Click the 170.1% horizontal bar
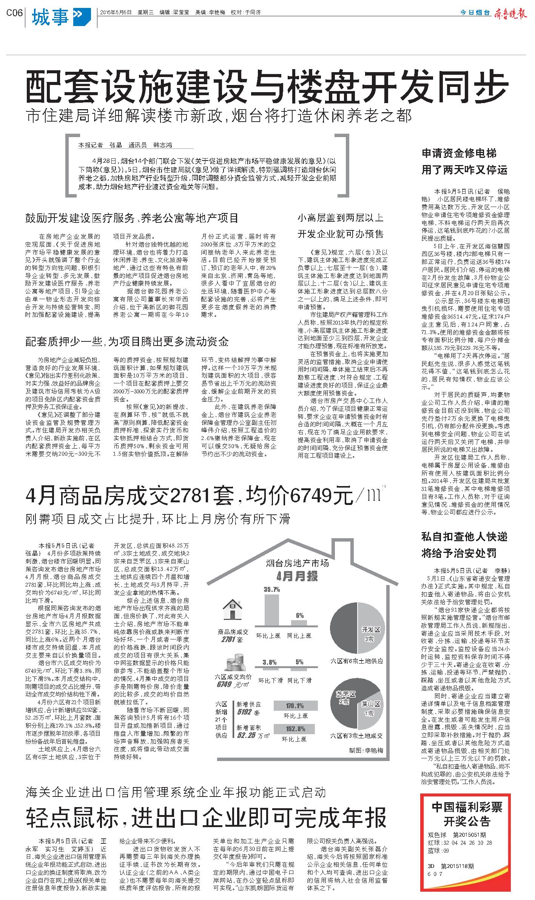point(295,705)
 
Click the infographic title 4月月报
point(296,577)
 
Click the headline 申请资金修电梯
point(459,153)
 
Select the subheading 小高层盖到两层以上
point(341,218)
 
